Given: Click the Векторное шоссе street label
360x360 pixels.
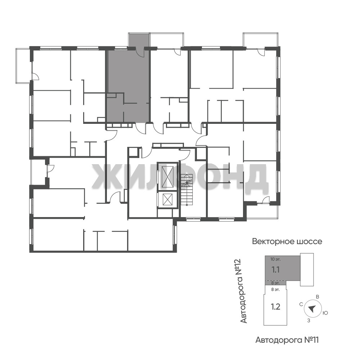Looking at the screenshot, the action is pos(287,242).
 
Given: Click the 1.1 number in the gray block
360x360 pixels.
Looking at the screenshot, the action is pos(275,270).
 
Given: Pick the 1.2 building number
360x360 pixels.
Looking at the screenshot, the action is pos(275,307).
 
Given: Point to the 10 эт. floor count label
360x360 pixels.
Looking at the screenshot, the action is pos(275,260).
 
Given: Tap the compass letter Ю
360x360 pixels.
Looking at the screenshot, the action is pos(325,313).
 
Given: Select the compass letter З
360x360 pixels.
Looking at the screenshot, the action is pos(309,321).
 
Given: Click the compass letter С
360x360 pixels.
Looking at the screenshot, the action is pos(301,305).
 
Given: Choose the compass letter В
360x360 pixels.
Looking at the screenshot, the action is pos(318,297).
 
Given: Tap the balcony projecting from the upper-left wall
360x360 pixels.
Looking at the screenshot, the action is pos(23,66).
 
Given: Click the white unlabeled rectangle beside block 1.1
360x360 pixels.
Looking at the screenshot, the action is pos(307,270).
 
